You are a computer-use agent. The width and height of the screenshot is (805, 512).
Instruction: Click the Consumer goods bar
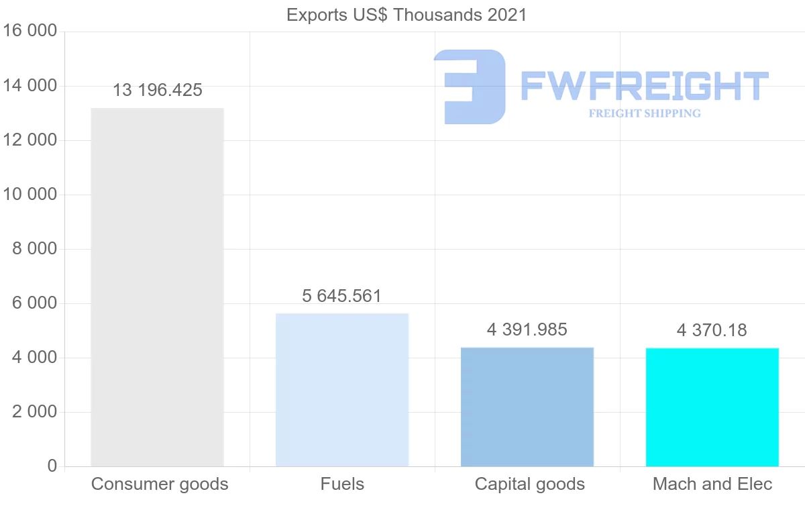(x=157, y=287)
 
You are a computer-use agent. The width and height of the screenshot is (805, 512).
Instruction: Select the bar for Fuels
(x=342, y=390)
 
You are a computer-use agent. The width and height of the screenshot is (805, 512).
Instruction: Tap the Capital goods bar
(x=527, y=407)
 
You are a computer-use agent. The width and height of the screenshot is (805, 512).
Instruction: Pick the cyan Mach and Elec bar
(x=712, y=407)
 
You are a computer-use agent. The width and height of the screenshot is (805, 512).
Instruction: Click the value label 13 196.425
(x=157, y=90)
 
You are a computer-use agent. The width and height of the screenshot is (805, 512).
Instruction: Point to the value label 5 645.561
(x=342, y=296)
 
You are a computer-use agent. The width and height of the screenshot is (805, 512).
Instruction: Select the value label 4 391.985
(x=527, y=329)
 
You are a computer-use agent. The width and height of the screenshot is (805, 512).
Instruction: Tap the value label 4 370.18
(x=712, y=330)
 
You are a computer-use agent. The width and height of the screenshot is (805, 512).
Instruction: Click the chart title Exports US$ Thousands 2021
(x=407, y=15)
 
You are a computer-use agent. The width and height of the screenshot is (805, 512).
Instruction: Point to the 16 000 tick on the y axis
(x=30, y=32)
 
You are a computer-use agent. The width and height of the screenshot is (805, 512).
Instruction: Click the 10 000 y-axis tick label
(x=30, y=195)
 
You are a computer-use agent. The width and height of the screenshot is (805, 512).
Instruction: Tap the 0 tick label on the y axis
(x=52, y=466)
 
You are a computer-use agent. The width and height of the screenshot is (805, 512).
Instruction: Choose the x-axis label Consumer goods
(x=160, y=484)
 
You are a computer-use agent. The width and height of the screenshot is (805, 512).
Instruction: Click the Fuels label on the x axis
(x=342, y=484)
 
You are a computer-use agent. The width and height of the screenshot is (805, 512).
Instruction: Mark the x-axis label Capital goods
(x=530, y=484)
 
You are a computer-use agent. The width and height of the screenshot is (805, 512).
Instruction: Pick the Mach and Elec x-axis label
(x=712, y=484)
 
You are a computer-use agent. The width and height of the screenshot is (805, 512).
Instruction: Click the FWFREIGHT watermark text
(x=644, y=86)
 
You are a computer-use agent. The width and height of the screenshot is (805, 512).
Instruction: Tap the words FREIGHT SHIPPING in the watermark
(x=645, y=113)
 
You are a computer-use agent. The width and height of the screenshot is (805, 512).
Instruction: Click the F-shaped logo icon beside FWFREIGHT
(x=470, y=86)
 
